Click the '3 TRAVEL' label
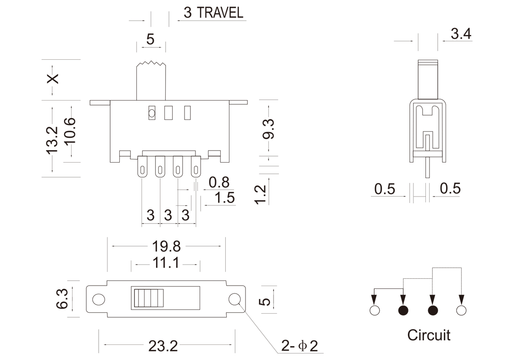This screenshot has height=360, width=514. click(213, 13)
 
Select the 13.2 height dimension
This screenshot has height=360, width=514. click(51, 140)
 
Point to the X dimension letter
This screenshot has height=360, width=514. click(53, 79)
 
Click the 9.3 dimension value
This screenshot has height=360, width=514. click(268, 129)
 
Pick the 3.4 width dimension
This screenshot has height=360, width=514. click(461, 34)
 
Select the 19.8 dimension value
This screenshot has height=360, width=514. click(167, 247)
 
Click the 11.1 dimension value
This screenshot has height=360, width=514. click(166, 264)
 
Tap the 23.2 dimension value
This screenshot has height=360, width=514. click(163, 346)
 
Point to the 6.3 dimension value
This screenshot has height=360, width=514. click(63, 299)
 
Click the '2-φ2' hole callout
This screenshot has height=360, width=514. click(300, 345)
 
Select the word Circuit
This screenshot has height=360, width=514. click(429, 335)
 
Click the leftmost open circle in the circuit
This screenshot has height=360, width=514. click(374, 311)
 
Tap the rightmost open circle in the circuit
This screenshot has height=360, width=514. click(461, 311)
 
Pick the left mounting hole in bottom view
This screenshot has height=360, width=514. click(98, 299)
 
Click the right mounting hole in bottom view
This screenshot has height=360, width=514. click(235, 299)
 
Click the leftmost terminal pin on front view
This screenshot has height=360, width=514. click(142, 167)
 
